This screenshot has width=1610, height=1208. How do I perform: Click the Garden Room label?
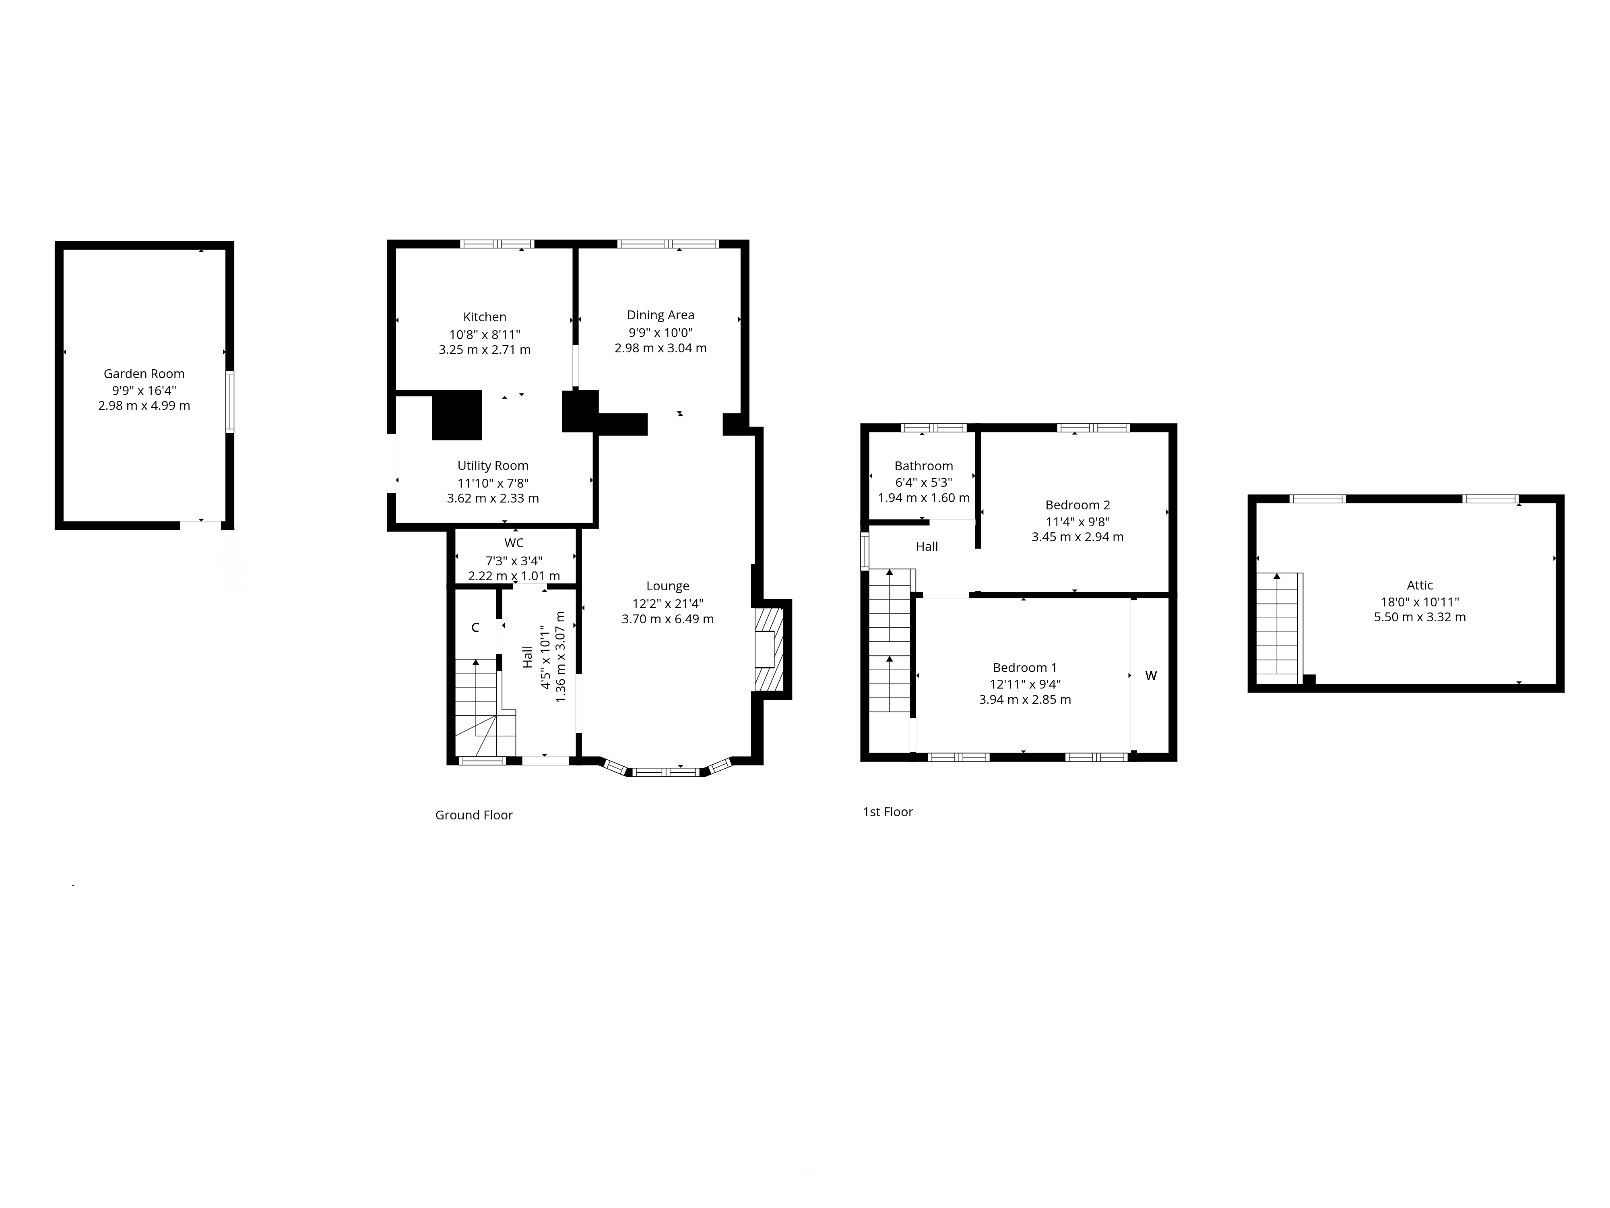(144, 374)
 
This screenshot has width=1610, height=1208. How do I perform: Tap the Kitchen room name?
(485, 317)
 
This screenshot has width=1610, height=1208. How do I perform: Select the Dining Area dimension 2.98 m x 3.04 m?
(661, 348)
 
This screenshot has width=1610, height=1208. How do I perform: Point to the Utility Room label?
(493, 466)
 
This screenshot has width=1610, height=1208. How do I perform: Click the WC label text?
(514, 543)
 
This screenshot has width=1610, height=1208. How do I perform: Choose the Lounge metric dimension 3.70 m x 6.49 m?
(667, 619)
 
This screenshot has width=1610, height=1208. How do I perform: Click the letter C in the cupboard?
(475, 628)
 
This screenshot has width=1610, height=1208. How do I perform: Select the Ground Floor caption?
(474, 815)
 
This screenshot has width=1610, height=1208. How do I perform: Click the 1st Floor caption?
(888, 812)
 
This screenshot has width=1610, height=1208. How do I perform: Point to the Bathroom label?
(924, 466)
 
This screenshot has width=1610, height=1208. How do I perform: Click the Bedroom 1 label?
(1025, 668)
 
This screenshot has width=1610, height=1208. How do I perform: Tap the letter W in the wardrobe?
(1151, 676)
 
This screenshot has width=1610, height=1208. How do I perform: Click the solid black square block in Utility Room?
(457, 415)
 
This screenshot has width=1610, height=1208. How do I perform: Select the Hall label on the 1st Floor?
(927, 547)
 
